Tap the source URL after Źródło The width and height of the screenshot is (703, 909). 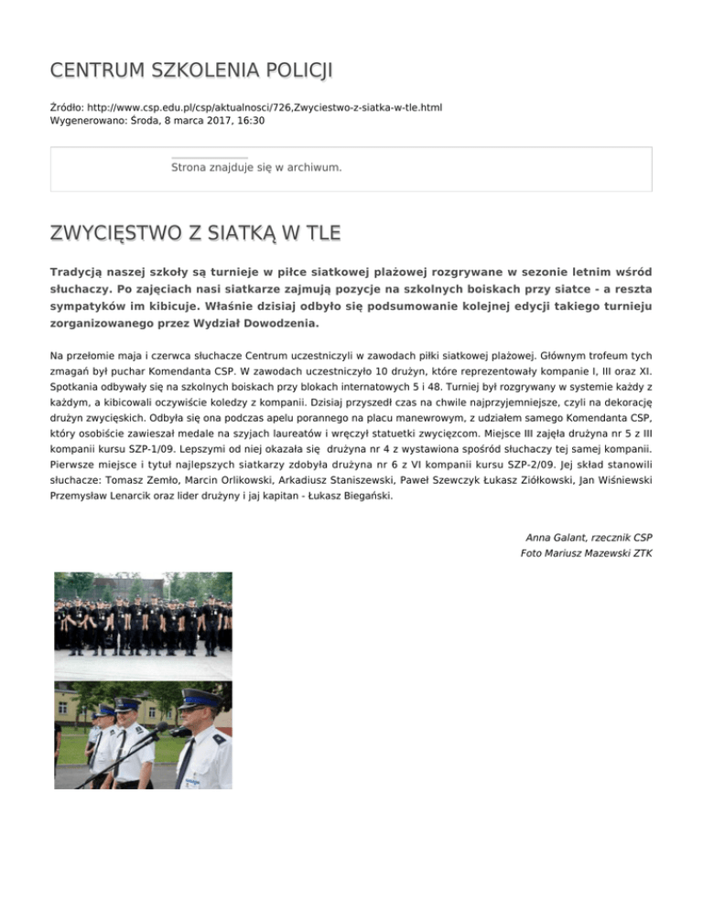pos(265,107)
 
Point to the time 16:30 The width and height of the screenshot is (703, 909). pos(251,120)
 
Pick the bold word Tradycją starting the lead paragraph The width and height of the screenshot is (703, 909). pos(80,273)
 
